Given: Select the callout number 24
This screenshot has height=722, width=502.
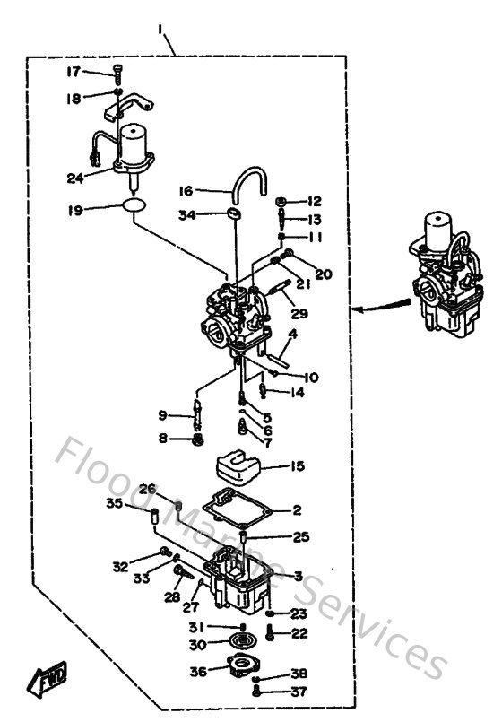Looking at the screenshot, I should [x=74, y=178].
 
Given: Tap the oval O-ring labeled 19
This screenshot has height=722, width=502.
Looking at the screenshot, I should [x=134, y=209].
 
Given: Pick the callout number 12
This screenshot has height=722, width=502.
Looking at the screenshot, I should [x=315, y=201].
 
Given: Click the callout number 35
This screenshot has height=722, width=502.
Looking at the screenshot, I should [x=139, y=504].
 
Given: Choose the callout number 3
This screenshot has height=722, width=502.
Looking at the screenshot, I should [x=298, y=576].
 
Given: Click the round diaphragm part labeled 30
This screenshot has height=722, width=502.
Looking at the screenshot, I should [x=242, y=643].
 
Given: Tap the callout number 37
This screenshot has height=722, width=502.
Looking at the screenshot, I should [x=298, y=691].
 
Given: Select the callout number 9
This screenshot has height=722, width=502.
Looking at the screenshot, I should [x=162, y=415].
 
